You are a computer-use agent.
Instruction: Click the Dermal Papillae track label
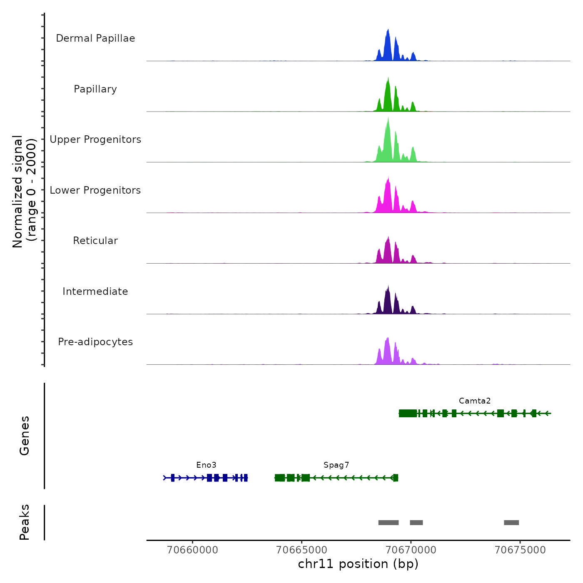click(x=95, y=38)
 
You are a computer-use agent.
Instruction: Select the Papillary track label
click(x=95, y=89)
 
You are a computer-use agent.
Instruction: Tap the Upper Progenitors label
click(x=95, y=140)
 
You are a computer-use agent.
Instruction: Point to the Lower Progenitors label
click(x=95, y=190)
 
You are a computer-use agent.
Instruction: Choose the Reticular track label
click(x=95, y=241)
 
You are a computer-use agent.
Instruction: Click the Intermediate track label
click(x=95, y=291)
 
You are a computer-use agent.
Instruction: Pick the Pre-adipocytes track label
click(x=95, y=342)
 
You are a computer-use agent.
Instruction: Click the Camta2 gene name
click(x=475, y=401)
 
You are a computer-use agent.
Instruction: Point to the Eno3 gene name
click(x=206, y=465)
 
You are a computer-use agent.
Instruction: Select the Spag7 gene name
click(x=336, y=465)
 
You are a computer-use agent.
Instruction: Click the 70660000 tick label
click(x=192, y=550)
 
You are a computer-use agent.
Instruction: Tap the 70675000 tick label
click(x=520, y=550)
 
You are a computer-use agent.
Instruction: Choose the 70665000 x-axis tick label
click(x=302, y=550)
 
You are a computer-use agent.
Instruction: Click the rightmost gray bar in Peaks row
click(x=511, y=523)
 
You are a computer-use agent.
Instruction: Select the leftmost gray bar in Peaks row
click(x=389, y=523)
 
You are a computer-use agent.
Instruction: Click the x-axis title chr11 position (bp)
click(x=358, y=564)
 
